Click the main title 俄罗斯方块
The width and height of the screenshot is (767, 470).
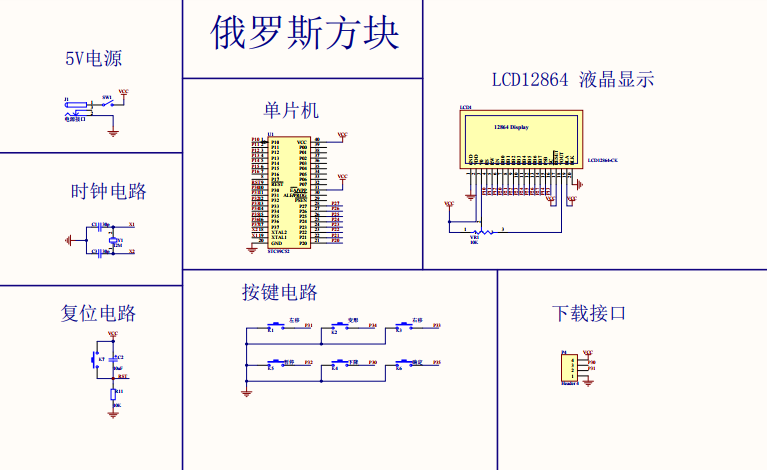[x=305, y=34]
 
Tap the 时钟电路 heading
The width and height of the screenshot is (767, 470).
[x=109, y=191]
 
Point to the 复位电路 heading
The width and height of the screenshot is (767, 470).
[x=98, y=313]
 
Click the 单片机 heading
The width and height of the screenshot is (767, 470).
[x=291, y=109]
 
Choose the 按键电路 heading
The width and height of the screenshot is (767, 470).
[x=280, y=293]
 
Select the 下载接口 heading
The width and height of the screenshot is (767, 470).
[x=589, y=313]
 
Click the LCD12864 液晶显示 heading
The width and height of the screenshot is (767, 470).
[x=572, y=80]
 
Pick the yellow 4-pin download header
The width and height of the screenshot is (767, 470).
[x=573, y=367]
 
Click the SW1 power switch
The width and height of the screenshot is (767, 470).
[x=106, y=103]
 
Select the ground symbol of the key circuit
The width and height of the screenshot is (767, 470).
[x=246, y=392]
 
